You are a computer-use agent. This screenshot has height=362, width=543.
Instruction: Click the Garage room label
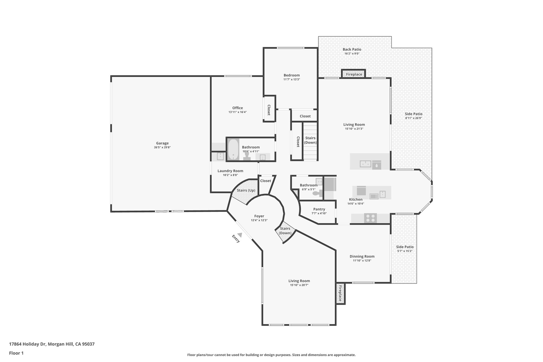[x=162, y=143]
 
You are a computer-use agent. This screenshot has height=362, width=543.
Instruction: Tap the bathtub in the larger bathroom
[x=233, y=150]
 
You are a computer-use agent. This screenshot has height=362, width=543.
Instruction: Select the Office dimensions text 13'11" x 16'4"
[x=238, y=112]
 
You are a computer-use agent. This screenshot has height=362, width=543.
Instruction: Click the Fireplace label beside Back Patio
[x=354, y=75]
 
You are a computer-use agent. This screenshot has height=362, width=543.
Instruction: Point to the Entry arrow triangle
[x=240, y=235]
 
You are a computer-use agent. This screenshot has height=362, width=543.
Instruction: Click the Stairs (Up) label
[x=246, y=190]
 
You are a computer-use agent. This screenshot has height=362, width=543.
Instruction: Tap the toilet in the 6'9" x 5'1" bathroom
[x=316, y=193]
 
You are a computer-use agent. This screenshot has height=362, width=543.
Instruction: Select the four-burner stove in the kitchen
[x=370, y=218]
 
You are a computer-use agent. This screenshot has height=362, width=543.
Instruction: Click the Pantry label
[x=319, y=209]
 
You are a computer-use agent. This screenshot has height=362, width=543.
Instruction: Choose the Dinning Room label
[x=362, y=256]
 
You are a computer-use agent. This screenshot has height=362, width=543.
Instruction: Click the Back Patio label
[x=352, y=49]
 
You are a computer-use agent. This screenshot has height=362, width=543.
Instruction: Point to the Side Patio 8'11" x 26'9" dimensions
[x=413, y=118]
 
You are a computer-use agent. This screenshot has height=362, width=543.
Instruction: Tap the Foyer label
[x=259, y=216]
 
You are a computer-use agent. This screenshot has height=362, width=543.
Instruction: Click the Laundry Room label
[x=230, y=171]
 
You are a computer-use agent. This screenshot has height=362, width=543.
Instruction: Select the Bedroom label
[x=291, y=75]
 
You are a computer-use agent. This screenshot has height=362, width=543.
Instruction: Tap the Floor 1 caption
[x=16, y=353]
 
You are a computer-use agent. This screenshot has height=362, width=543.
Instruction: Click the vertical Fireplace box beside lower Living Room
[x=340, y=294]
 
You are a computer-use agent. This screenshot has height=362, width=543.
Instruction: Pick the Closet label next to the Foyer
[x=265, y=181]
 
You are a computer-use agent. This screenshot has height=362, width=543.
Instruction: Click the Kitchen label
[x=356, y=199]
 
